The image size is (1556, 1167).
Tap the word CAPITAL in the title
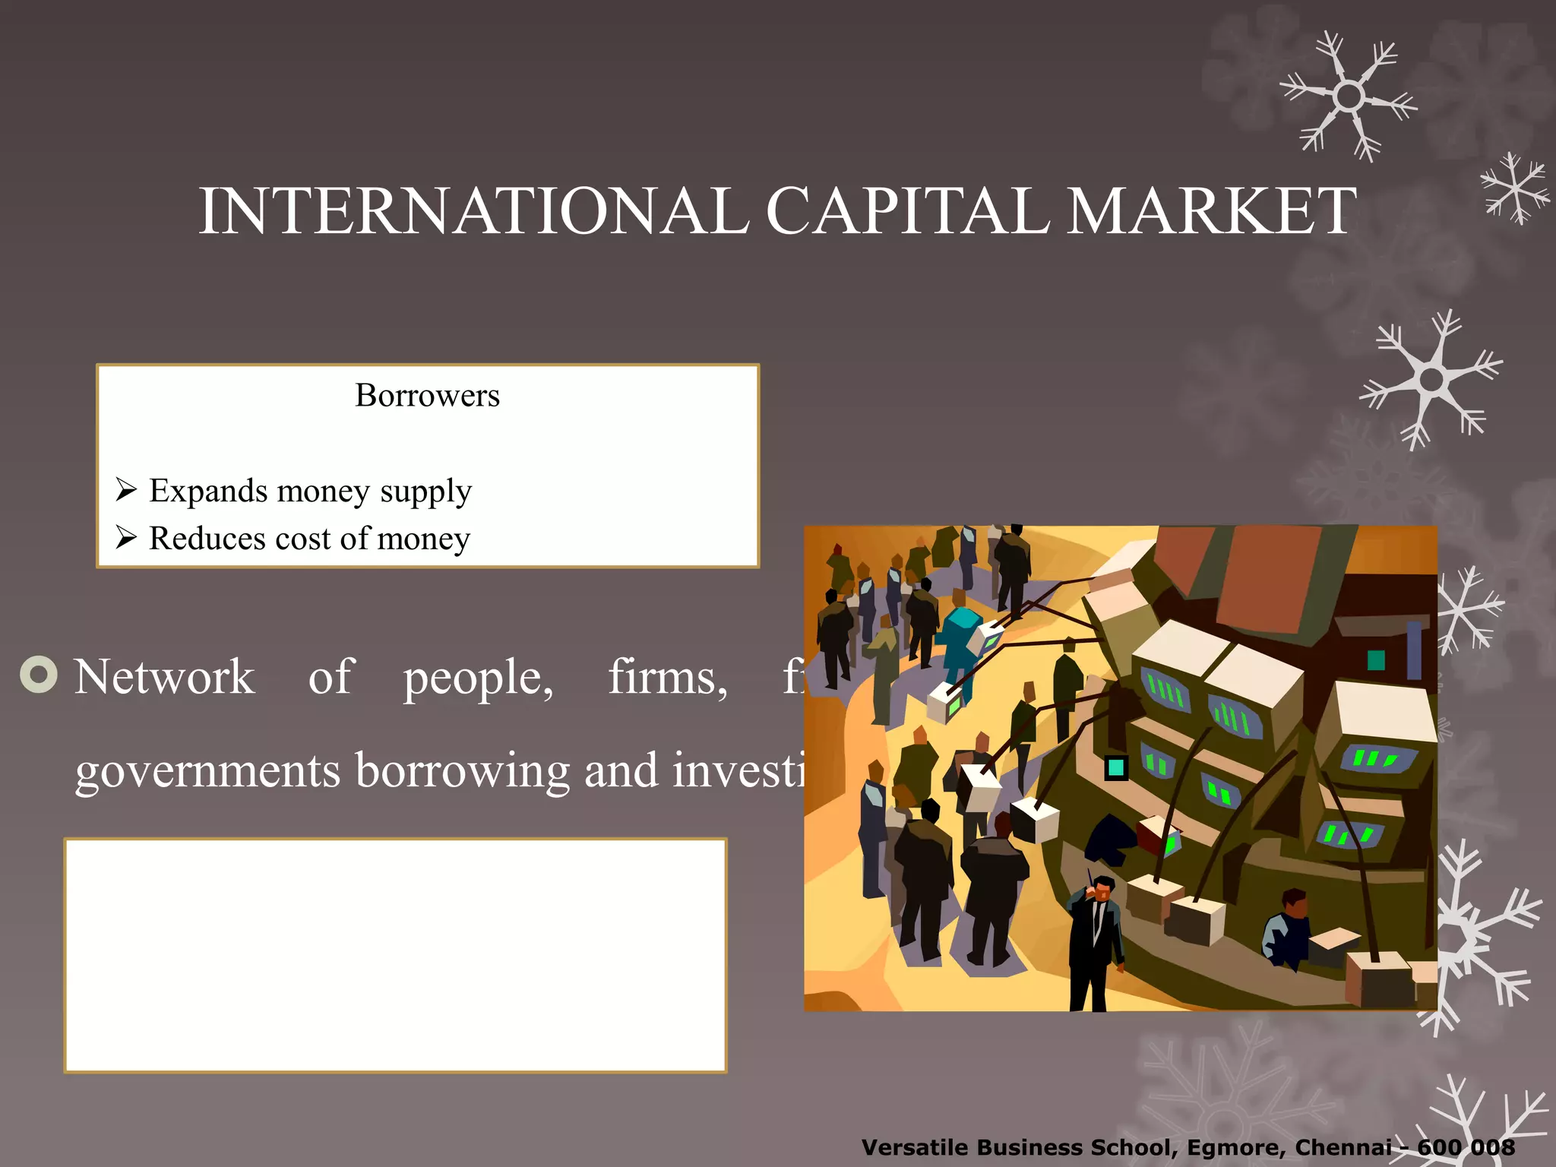pos(907,211)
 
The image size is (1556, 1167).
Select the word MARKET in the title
pos(1211,211)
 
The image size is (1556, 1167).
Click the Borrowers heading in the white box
pos(427,396)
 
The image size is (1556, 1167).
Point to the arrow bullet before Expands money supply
pos(126,490)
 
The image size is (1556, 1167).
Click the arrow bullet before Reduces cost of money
pos(126,538)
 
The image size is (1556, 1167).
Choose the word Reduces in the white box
pos(207,539)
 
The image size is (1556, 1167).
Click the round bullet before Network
pos(39,674)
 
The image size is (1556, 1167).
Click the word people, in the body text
pos(478,678)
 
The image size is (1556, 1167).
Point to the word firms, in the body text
pos(668,678)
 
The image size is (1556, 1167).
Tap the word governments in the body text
pos(207,771)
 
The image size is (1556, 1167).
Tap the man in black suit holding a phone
pos(1095,942)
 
